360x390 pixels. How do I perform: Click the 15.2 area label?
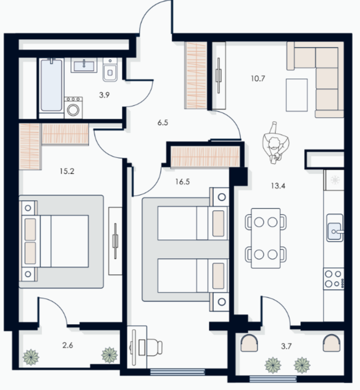pyautogui.click(x=67, y=171)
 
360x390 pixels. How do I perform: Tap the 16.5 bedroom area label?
pyautogui.click(x=182, y=181)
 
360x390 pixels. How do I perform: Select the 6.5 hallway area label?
pyautogui.click(x=163, y=122)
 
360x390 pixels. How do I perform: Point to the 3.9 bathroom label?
pyautogui.click(x=104, y=95)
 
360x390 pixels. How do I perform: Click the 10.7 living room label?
pyautogui.click(x=258, y=79)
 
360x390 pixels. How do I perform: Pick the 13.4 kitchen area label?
pyautogui.click(x=278, y=186)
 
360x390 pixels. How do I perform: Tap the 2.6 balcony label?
pyautogui.click(x=68, y=345)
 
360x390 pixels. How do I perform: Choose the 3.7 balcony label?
pyautogui.click(x=286, y=346)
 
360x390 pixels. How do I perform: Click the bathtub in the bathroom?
pyautogui.click(x=52, y=85)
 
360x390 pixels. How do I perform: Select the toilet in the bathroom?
pyautogui.click(x=110, y=70)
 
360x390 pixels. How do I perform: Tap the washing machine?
pyautogui.click(x=73, y=107)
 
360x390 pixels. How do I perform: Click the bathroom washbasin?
pyautogui.click(x=84, y=65)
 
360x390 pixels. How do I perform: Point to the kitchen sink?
pyautogui.click(x=335, y=227)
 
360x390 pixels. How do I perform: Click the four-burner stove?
pyautogui.click(x=333, y=279)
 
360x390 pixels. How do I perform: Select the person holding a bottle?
pyautogui.click(x=275, y=143)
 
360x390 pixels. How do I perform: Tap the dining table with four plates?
pyautogui.click(x=266, y=238)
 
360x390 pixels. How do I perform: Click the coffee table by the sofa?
pyautogui.click(x=296, y=95)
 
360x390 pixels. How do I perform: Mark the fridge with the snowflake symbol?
pyautogui.click(x=334, y=180)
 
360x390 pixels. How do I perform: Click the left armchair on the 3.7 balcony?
pyautogui.click(x=249, y=343)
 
